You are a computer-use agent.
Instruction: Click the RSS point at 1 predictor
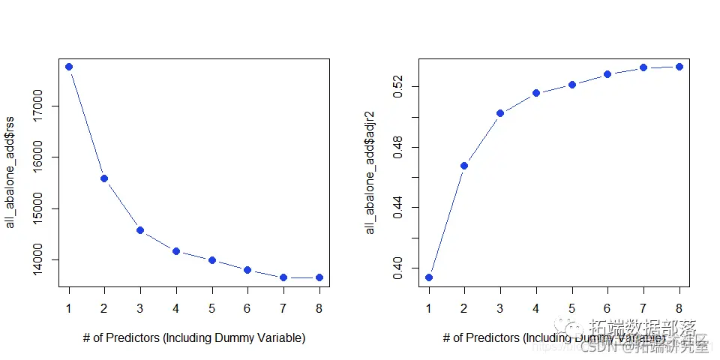coord(69,67)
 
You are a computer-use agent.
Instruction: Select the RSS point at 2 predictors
coord(104,178)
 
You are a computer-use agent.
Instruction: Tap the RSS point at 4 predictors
coord(176,251)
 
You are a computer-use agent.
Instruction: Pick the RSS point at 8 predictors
coord(319,277)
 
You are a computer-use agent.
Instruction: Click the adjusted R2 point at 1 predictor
coord(429,277)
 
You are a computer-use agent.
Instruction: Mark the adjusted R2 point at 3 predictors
coord(500,113)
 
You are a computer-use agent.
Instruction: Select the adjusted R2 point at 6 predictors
coord(607,74)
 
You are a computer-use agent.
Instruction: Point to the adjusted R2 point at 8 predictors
coord(679,67)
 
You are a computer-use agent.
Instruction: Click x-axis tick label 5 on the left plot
coord(212,307)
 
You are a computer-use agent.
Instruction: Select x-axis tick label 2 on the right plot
coord(464,307)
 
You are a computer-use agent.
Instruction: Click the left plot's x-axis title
coord(194,338)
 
